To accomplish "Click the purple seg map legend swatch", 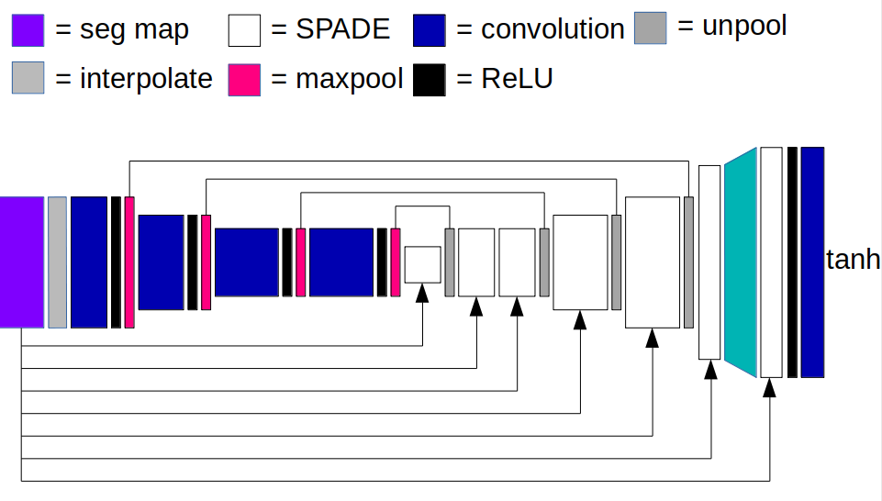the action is (28, 30).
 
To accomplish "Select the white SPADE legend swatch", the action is (244, 30).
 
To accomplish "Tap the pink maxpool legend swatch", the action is (244, 80).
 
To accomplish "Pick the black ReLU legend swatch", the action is (430, 80).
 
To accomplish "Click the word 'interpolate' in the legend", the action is (146, 79).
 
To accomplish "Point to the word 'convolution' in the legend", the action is (553, 29).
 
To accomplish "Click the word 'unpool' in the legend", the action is (744, 27).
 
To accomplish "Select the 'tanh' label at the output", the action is (853, 260).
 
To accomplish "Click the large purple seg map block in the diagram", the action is (22, 262).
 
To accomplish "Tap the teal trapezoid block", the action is (741, 262).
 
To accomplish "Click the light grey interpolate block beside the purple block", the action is (58, 262).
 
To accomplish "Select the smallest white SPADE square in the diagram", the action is (422, 264).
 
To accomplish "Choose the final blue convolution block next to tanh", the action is (812, 262).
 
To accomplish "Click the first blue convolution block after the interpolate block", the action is (89, 262).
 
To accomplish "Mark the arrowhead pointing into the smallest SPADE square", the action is (422, 293).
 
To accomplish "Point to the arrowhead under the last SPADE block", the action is (769, 387).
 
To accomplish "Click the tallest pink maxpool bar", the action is (129, 262).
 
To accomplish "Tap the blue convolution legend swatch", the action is (430, 30).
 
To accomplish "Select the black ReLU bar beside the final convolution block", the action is (792, 262).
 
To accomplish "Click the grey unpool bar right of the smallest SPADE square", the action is (450, 262).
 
